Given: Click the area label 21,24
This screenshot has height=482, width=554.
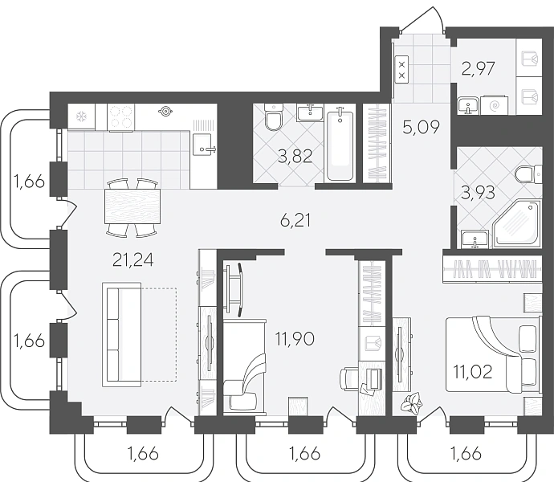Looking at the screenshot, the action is (x=132, y=260).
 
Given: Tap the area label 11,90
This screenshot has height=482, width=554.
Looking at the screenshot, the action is (x=295, y=339).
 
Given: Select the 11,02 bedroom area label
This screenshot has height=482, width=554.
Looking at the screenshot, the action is (x=473, y=372).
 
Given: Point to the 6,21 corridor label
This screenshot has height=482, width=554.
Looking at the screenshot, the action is (x=295, y=222).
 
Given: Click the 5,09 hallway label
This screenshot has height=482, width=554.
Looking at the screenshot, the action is (x=422, y=127).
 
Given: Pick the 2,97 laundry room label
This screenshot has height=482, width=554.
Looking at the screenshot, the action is (x=478, y=68).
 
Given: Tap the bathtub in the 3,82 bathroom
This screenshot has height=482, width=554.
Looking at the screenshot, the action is (x=340, y=146).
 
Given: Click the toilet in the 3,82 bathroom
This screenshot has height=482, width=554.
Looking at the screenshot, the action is (x=274, y=117).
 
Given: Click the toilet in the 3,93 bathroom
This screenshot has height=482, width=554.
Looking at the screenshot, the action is (x=528, y=174).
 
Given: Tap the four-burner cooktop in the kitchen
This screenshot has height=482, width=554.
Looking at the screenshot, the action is (x=120, y=117).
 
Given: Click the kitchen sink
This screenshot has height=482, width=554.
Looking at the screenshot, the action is (x=203, y=145).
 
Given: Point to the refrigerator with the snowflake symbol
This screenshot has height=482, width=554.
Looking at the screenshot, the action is (x=82, y=116).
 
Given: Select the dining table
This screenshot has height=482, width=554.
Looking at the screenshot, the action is (x=132, y=206).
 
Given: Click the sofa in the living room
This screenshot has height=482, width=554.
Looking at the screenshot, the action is (x=122, y=334).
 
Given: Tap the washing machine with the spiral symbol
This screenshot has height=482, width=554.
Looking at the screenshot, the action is (x=495, y=105).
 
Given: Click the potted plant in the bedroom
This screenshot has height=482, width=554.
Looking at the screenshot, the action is (x=412, y=402).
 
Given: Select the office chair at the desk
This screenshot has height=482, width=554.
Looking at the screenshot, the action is (x=348, y=379).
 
